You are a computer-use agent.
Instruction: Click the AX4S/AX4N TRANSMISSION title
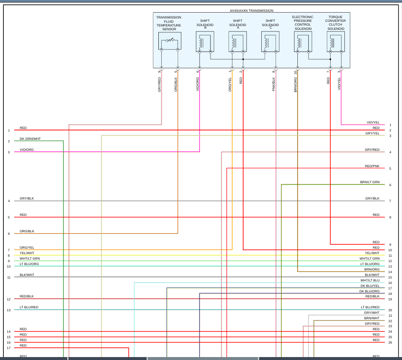coord(251,11)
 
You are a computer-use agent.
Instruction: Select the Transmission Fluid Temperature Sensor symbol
coord(169,41)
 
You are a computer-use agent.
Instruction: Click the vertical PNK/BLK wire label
coord(273,84)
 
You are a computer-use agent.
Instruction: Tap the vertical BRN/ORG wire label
coord(295,84)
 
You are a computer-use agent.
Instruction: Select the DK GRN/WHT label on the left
coord(30,139)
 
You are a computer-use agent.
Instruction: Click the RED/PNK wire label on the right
coord(372,166)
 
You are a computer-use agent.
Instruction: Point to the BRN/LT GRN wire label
coord(370,182)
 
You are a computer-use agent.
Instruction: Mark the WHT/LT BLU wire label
coord(370,280)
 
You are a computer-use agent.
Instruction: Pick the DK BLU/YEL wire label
coord(370,286)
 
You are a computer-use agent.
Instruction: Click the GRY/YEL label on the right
coord(372,133)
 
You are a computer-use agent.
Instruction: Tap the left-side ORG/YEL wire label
coord(27,248)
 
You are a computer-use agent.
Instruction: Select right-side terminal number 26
coord(390,342)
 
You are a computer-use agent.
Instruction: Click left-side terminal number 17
coord(8,348)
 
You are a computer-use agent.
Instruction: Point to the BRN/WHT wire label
coord(372,318)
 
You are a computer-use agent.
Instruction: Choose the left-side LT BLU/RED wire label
coord(29,307)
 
